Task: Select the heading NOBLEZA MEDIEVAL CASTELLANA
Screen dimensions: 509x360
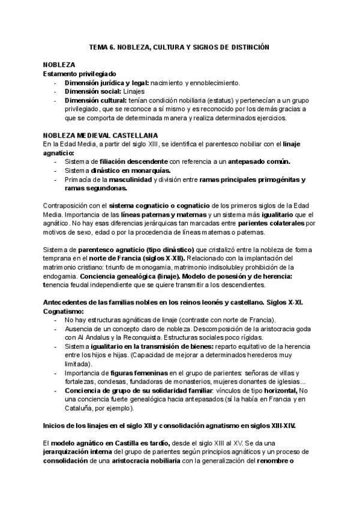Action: [100, 136]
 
